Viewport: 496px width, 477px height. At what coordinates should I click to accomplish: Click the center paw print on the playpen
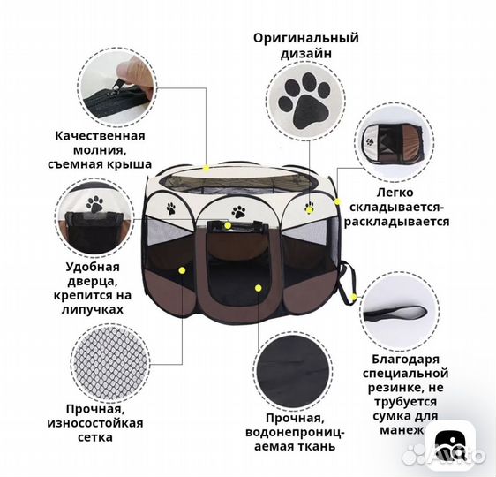click(238, 212)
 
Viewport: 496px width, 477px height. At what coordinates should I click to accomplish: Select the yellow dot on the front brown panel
click(259, 287)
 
